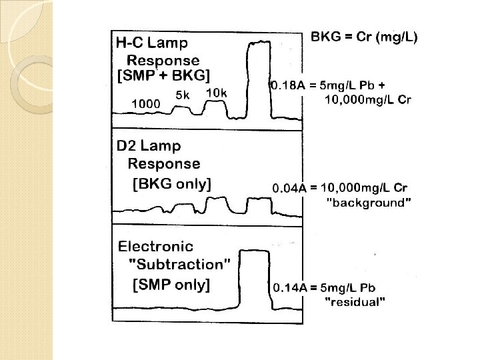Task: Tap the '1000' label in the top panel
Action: click(x=145, y=103)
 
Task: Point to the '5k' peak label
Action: click(x=183, y=95)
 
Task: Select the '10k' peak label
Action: click(x=217, y=93)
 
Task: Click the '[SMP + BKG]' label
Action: click(x=163, y=75)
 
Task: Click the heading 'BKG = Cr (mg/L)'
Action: click(x=364, y=37)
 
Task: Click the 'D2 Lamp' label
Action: click(x=148, y=145)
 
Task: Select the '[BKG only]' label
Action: click(x=172, y=185)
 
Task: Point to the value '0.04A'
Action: click(x=289, y=189)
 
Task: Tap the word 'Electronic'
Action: click(x=155, y=247)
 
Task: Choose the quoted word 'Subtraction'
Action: click(x=180, y=263)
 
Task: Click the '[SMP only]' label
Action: click(x=171, y=285)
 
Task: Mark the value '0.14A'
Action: click(x=289, y=288)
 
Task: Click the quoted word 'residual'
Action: click(x=354, y=303)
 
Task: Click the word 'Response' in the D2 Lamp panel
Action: click(x=164, y=164)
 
